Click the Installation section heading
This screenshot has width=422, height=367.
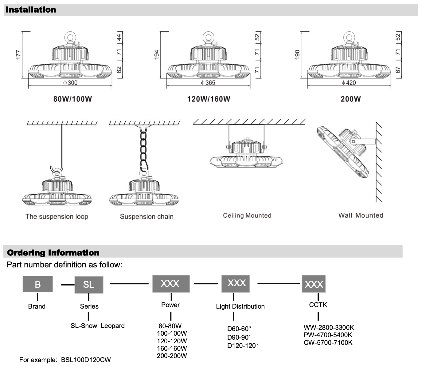coord(31,10)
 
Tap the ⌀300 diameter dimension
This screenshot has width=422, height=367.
coord(70,83)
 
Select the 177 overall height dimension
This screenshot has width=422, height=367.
coord(18,55)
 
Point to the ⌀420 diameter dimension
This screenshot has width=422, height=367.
coord(349,83)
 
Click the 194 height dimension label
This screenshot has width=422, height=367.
coord(157,55)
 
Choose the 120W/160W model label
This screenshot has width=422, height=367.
coord(209,99)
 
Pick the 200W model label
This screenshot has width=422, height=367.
coord(350,99)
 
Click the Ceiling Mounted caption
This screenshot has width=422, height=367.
coord(247,215)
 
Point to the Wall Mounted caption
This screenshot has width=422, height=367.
coord(361,215)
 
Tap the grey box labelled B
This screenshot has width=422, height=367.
coord(38,284)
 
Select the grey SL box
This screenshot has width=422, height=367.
coord(89,284)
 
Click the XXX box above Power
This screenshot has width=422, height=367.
coord(171,283)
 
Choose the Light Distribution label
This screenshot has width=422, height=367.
coord(240,306)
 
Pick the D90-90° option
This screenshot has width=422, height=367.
coord(239,337)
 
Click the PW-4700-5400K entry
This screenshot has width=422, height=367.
coord(328,335)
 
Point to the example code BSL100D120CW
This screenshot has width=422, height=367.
coord(86,360)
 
